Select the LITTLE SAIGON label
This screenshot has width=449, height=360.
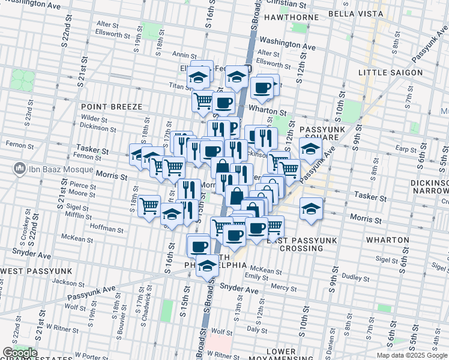(390, 73)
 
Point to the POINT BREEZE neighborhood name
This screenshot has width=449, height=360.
(112, 107)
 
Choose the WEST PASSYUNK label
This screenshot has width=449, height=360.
(36, 271)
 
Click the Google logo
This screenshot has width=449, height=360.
(20, 353)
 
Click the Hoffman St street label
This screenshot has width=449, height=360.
(106, 229)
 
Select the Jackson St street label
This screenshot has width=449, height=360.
(67, 281)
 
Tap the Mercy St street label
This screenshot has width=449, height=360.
(280, 287)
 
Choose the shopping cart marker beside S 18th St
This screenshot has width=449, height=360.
(149, 206)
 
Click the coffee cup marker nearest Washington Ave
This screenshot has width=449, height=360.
(261, 88)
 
